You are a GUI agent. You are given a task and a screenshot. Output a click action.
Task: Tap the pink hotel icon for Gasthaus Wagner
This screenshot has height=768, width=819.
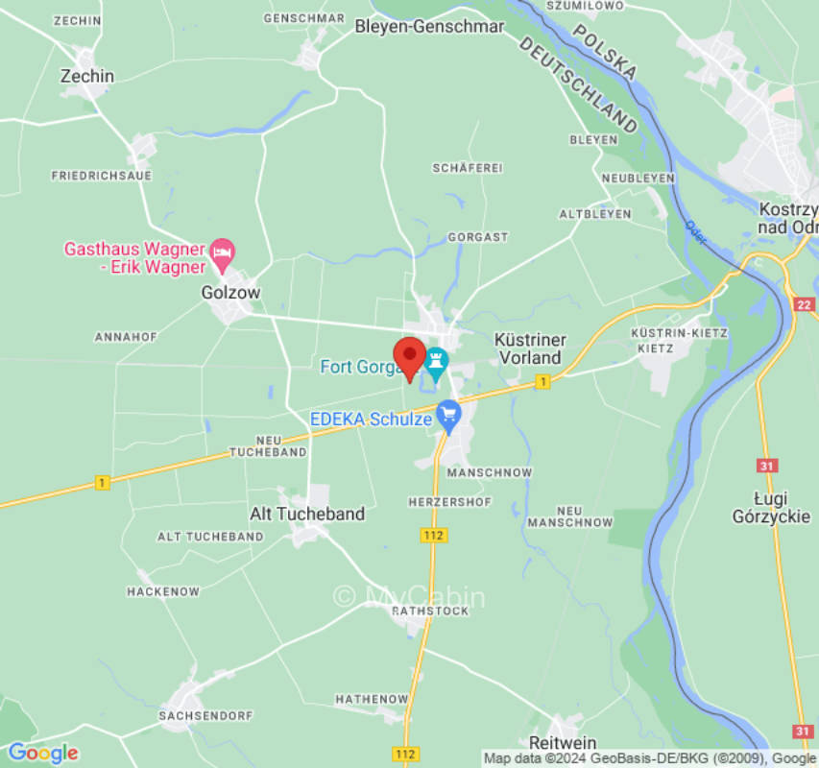point(223,252)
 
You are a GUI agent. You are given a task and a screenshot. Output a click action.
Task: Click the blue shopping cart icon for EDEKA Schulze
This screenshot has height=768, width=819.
point(448,416)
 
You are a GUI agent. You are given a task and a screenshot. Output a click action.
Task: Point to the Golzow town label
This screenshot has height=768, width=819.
point(230,293)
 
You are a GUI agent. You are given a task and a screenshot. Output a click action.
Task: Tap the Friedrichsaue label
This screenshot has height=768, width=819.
point(101,176)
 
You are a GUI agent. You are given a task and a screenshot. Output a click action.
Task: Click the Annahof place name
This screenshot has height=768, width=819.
point(125,337)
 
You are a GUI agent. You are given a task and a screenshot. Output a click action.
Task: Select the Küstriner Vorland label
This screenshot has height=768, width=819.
point(529,348)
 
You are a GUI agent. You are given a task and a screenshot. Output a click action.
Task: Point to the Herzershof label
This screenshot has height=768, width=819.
point(449,502)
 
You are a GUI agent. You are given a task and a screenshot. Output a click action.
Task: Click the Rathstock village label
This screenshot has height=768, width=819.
point(432,611)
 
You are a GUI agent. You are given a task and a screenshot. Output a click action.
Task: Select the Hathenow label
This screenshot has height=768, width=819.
point(372,699)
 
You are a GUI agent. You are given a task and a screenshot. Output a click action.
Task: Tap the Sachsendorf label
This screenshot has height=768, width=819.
point(206,716)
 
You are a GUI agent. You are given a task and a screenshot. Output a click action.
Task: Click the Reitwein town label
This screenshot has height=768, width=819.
point(563,743)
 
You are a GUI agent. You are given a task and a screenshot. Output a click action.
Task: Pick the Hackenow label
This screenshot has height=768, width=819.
point(163,592)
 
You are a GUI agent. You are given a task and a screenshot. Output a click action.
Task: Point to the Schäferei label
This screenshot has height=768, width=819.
point(468,168)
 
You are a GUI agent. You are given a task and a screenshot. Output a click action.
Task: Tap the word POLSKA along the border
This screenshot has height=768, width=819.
point(606,51)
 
